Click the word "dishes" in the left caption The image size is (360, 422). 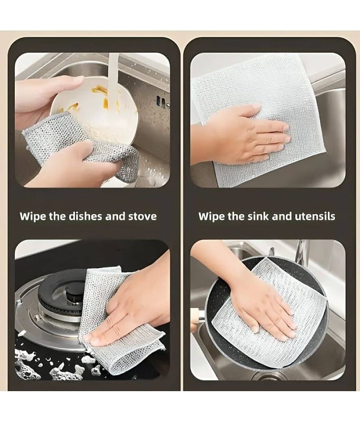[86, 216]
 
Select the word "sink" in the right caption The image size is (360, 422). [258, 216]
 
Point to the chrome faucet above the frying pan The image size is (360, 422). [301, 252]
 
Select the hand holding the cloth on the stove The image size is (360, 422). [129, 310]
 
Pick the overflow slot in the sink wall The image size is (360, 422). [162, 101]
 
